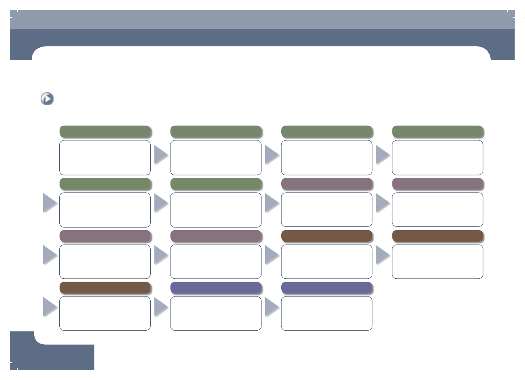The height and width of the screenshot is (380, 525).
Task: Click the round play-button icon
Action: tap(47, 99)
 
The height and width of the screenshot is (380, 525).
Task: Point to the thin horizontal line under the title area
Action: tap(126, 60)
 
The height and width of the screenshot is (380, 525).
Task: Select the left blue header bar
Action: tap(216, 288)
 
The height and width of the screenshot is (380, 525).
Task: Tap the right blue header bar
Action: tap(327, 288)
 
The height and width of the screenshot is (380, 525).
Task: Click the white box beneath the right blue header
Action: tap(327, 313)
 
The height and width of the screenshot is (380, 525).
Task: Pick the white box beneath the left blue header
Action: tap(216, 313)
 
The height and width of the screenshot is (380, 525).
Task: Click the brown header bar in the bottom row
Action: tap(105, 288)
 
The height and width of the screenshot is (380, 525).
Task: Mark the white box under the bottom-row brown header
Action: tap(105, 313)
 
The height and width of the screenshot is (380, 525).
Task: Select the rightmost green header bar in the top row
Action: tap(437, 131)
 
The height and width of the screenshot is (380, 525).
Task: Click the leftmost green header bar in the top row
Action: tap(105, 131)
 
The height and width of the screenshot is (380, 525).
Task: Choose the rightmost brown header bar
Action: tap(437, 236)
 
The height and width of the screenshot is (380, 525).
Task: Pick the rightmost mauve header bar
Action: tap(437, 184)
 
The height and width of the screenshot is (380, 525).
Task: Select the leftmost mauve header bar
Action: tap(105, 236)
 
